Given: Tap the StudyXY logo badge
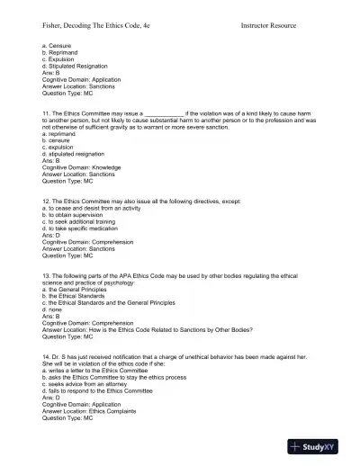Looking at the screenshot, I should pyautogui.click(x=320, y=447).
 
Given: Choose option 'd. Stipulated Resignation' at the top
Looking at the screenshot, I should pyautogui.click(x=75, y=66).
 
